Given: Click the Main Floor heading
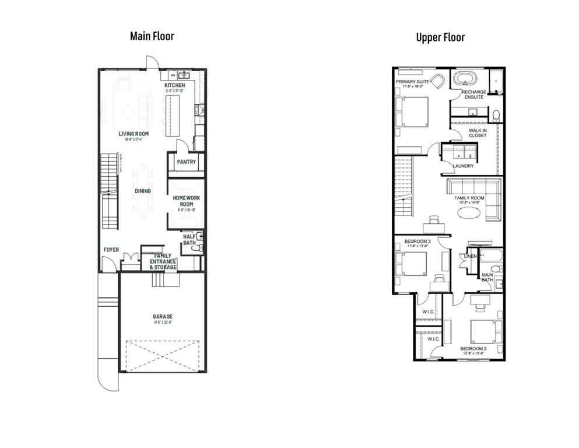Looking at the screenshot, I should tap(152, 36).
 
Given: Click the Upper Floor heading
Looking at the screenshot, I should tap(440, 37).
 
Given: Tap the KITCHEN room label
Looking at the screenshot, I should tap(174, 86).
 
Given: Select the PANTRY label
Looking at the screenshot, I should tap(186, 162).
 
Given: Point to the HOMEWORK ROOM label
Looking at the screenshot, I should tap(186, 201).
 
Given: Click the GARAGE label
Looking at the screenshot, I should tap(162, 317).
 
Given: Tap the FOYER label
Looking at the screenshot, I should tap(111, 250).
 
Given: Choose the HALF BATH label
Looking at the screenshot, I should tap(189, 240).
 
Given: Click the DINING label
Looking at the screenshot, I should tap(142, 191).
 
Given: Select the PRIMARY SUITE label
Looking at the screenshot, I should tap(413, 82).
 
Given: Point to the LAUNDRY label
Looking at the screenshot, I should tap(463, 166).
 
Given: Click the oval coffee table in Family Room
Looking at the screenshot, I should tap(470, 213).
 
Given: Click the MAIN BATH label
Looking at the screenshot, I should tap(487, 277).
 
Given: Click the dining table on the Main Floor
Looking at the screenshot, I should tap(143, 191).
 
